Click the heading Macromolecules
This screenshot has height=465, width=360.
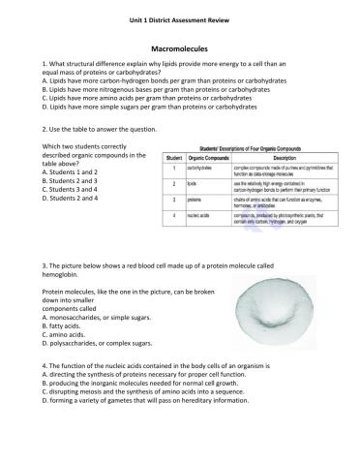click(179, 46)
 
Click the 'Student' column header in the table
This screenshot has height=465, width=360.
click(174, 156)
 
